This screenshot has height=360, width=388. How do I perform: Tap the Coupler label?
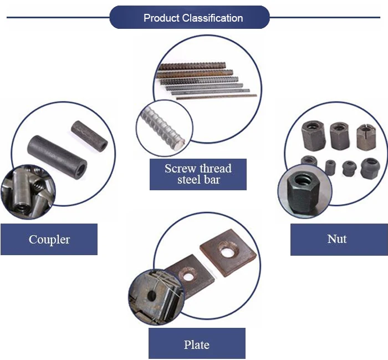pyautogui.click(x=49, y=240)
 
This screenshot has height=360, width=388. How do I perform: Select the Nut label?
pyautogui.click(x=336, y=239)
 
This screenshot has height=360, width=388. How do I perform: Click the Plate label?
pyautogui.click(x=196, y=344)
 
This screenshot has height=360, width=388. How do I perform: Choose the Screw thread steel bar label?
pyautogui.click(x=198, y=174)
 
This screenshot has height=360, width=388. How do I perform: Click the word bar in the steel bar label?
pyautogui.click(x=212, y=180)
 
